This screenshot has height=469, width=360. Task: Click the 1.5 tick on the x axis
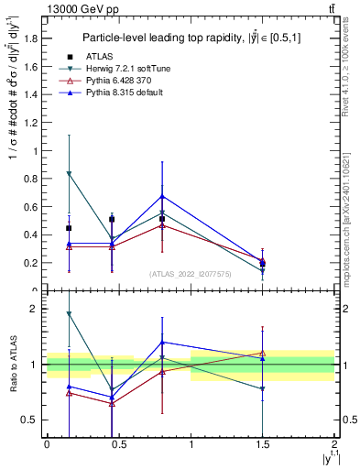[263, 443]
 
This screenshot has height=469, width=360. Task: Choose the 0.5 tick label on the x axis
[118, 443]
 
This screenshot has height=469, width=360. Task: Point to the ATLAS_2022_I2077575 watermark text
[191, 273]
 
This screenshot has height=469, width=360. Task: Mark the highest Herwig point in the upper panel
[70, 173]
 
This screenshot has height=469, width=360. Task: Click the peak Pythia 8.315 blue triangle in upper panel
[162, 196]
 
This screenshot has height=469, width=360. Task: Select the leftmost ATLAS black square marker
[70, 228]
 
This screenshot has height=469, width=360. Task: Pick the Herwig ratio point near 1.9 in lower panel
[70, 314]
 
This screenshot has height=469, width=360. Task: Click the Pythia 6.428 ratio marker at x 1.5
[263, 353]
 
